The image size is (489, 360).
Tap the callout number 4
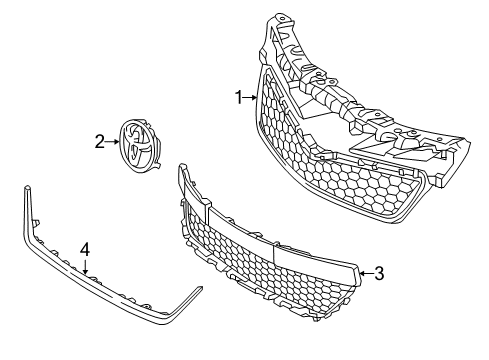click(85, 248)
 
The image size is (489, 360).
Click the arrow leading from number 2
click(113, 142)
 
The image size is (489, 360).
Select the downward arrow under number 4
click(85, 265)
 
